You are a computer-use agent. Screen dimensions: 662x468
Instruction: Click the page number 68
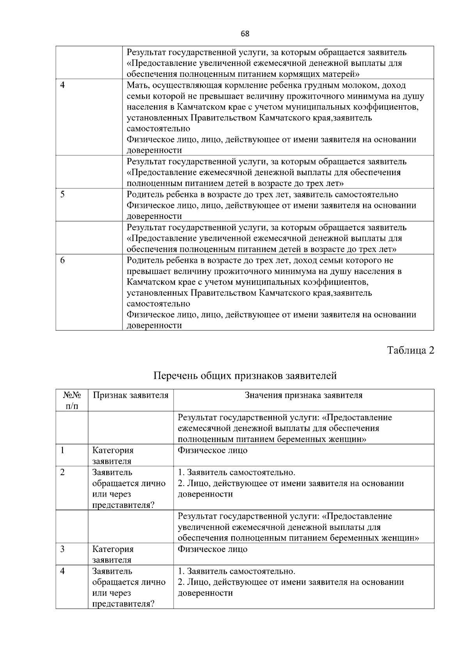click(245, 34)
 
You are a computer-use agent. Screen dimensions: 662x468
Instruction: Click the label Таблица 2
click(410, 350)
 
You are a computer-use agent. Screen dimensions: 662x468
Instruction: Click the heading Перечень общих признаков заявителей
click(245, 376)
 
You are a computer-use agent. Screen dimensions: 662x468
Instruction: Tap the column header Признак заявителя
click(130, 395)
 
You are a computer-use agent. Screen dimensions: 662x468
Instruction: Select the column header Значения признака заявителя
click(303, 395)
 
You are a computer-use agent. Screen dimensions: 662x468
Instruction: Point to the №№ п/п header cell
click(72, 400)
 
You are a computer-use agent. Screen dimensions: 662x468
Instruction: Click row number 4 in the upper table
click(62, 85)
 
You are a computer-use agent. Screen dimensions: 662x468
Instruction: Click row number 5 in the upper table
click(62, 194)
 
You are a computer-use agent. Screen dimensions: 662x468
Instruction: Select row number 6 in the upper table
click(62, 260)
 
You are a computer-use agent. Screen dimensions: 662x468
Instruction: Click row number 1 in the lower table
click(62, 450)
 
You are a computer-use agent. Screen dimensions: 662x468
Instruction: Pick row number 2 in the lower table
click(62, 472)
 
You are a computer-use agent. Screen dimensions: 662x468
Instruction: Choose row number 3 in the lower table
click(62, 549)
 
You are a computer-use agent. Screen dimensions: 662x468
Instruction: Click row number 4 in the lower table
click(62, 571)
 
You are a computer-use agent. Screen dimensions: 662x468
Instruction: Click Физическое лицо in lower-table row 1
click(213, 450)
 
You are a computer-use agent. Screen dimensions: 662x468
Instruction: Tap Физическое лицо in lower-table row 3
click(213, 549)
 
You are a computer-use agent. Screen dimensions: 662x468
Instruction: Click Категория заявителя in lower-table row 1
click(113, 456)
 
